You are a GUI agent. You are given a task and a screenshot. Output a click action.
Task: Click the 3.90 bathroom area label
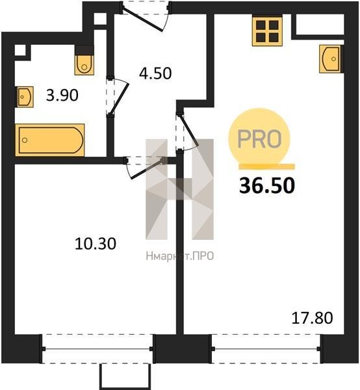[62, 95]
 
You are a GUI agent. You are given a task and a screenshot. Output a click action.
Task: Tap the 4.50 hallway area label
[155, 73]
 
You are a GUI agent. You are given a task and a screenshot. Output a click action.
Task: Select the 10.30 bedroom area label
[96, 244]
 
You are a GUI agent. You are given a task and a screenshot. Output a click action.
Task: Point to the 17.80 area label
[312, 318]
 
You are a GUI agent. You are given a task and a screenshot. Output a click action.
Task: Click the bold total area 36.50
[267, 186]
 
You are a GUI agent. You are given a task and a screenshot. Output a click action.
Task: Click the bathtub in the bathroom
[50, 140]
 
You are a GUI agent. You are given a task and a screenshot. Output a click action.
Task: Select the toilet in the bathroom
[84, 60]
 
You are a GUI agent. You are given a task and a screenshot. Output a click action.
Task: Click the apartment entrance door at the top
[145, 16]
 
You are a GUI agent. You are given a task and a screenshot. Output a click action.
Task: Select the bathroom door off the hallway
[118, 96]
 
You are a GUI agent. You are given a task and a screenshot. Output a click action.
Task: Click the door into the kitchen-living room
[187, 131]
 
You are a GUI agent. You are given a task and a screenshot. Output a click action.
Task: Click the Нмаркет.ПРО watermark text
[180, 256]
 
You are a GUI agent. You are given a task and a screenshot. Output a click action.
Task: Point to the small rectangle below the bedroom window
[125, 376]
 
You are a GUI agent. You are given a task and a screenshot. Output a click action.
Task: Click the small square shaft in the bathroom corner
[20, 50]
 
